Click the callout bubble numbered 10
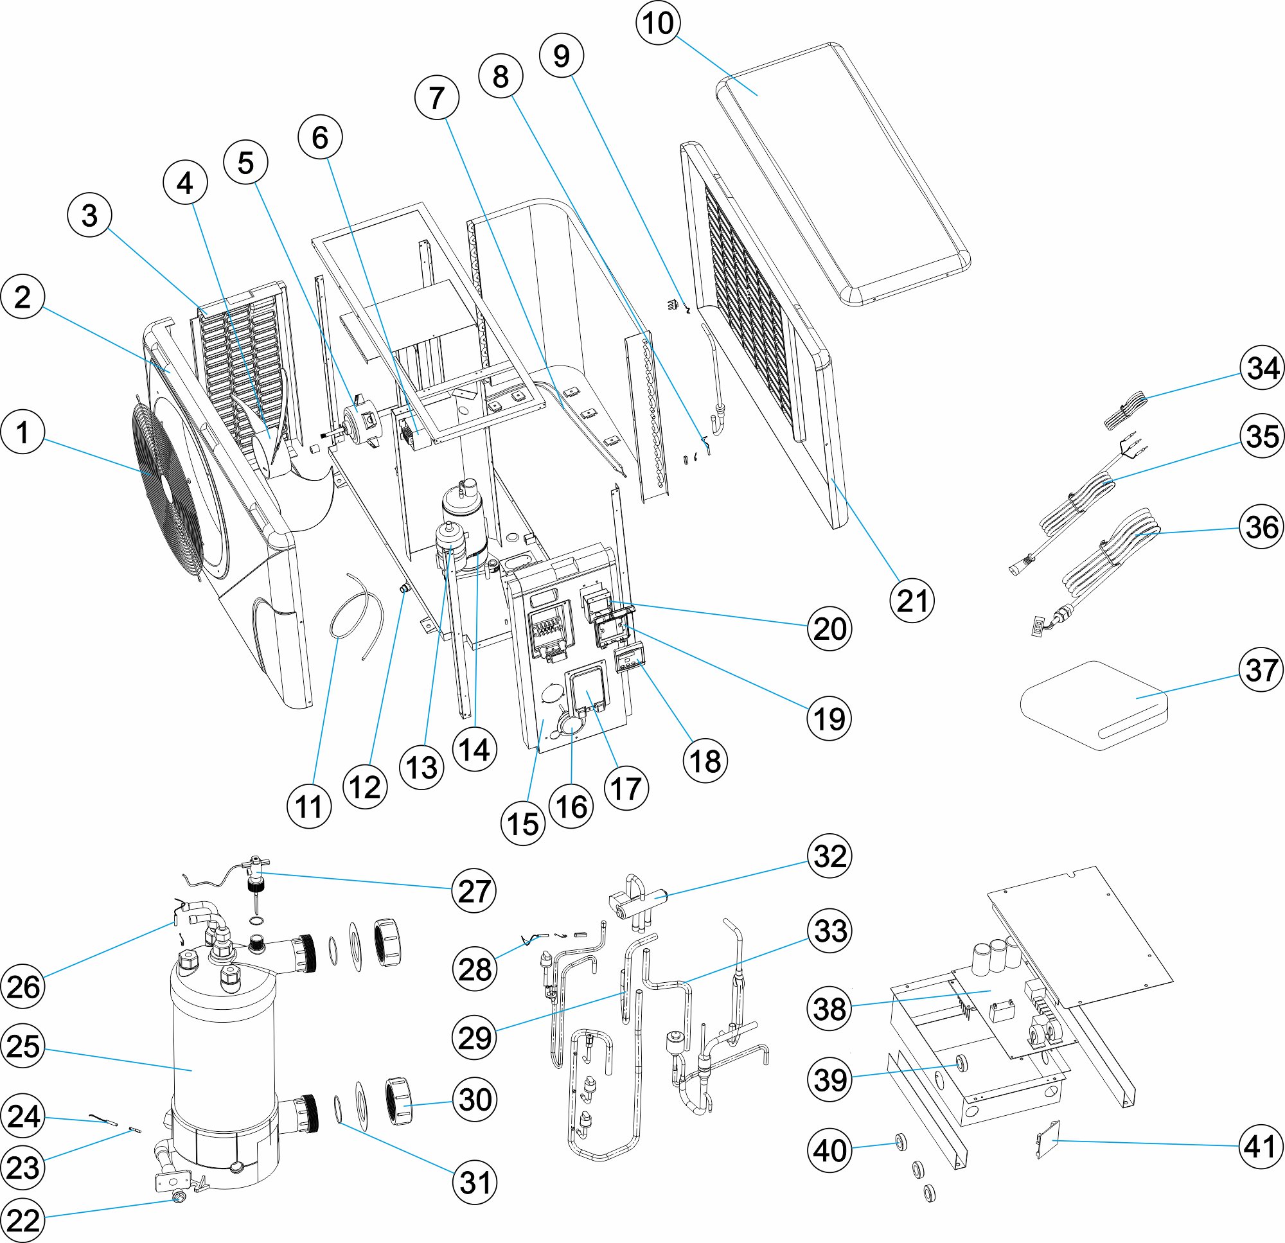tap(657, 23)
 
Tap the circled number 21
tap(912, 601)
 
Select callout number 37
tap(1261, 670)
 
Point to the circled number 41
tap(1261, 1147)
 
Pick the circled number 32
tap(829, 856)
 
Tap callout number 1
tap(23, 432)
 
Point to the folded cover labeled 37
tap(1095, 705)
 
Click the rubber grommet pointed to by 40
tap(901, 1144)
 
